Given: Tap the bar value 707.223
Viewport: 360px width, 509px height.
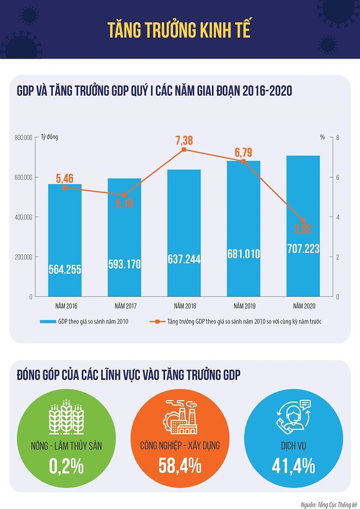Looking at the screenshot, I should click(x=303, y=249).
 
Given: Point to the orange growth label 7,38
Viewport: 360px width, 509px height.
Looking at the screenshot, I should click(x=184, y=139).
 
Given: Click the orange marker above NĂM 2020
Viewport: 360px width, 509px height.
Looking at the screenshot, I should click(x=303, y=220).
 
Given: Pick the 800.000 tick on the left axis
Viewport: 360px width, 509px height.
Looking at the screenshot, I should click(x=24, y=138).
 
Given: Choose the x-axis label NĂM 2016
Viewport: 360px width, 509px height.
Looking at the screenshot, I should click(x=65, y=306).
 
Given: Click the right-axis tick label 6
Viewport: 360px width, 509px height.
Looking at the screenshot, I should click(x=338, y=177).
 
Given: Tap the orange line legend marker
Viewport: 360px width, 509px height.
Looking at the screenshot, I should click(x=153, y=322).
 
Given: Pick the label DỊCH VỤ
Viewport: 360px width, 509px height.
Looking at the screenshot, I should click(x=293, y=445).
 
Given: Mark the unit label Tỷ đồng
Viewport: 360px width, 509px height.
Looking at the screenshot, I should click(x=49, y=137).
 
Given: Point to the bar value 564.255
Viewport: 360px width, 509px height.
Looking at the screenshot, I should click(x=65, y=269).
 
